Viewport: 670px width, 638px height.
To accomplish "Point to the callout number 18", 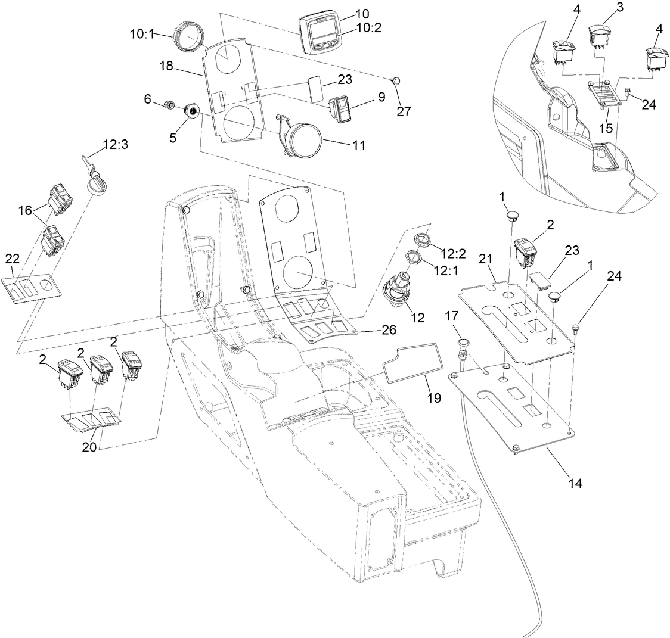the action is [166, 66].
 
